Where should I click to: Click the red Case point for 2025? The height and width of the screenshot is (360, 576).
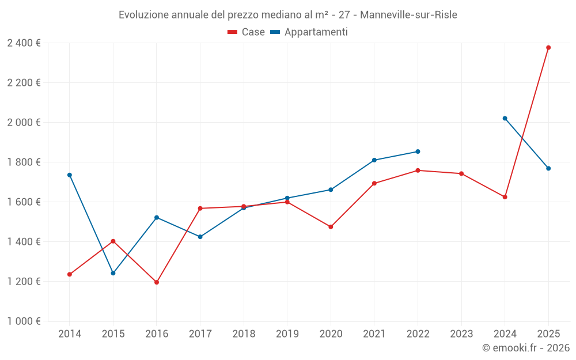[x=548, y=48]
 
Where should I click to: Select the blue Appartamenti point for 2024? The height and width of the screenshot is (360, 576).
[x=505, y=119]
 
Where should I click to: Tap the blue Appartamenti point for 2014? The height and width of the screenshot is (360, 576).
[x=70, y=175]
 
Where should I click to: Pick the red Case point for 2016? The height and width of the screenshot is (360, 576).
[x=157, y=282]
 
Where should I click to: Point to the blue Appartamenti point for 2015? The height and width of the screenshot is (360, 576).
[x=113, y=273]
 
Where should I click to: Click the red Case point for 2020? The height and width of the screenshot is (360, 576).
[x=331, y=227]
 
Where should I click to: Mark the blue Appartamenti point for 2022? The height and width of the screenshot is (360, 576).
[x=418, y=151]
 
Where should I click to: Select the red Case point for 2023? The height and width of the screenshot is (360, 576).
[x=461, y=173]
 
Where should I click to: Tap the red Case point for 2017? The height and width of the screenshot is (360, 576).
[x=200, y=209]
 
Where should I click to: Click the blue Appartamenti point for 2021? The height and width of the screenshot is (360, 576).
[x=374, y=160]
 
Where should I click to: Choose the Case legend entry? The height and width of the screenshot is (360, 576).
[x=247, y=32]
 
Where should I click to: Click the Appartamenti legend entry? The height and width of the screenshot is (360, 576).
[x=309, y=32]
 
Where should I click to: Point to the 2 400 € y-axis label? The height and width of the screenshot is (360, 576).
[x=24, y=43]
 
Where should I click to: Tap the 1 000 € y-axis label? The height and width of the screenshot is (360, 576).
[x=24, y=321]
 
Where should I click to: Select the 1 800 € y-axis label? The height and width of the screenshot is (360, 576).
[x=24, y=162]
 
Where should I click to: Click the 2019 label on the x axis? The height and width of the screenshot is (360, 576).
[x=287, y=334]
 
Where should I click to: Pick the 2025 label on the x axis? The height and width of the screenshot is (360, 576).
[x=548, y=334]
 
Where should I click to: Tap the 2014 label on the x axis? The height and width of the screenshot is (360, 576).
[x=70, y=334]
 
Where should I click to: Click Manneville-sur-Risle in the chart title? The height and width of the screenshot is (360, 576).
[x=408, y=15]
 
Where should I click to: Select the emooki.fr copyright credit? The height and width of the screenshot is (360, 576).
[x=526, y=348]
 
